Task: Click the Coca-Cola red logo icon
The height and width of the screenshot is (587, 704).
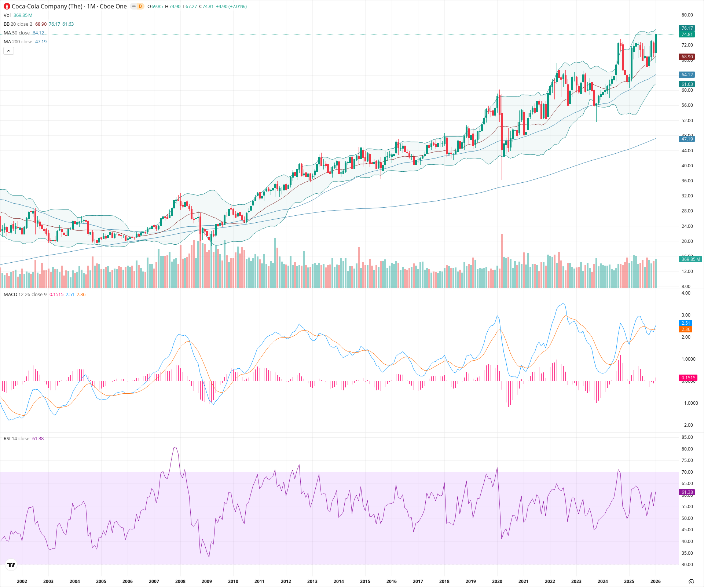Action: [7, 6]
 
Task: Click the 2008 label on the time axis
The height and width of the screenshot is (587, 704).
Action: [180, 581]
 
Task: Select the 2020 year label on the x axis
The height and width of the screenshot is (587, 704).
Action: [497, 581]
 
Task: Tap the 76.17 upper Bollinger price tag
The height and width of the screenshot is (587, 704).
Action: [687, 28]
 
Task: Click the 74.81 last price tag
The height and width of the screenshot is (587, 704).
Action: [687, 34]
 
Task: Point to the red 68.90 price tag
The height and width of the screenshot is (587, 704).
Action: [687, 57]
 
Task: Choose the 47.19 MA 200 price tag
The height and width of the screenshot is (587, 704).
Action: [687, 139]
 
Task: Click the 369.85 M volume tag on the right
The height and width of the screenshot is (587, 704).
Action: [690, 259]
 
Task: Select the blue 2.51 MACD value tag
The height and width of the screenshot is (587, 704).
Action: [686, 323]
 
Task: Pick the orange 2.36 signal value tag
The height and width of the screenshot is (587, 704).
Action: [686, 329]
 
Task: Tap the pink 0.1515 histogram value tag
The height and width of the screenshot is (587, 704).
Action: [688, 378]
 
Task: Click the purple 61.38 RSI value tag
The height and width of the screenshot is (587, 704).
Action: [687, 492]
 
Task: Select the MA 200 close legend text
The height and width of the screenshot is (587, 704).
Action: [18, 42]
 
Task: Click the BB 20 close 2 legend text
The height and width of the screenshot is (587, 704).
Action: [18, 24]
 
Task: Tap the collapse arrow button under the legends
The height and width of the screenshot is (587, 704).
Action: [8, 51]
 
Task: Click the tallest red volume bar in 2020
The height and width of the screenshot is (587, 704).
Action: [502, 260]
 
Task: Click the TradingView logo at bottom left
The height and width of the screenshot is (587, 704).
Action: [11, 565]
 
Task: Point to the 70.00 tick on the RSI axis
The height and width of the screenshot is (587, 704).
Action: [687, 472]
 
